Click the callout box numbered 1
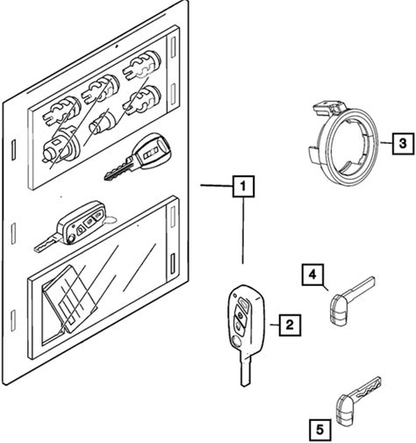coord(243,186)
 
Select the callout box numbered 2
coord(289,325)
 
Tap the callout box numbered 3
coord(403,143)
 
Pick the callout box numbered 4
coord(312,275)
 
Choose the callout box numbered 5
coord(320,430)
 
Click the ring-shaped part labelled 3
coord(342,145)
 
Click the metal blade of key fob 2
coord(246,370)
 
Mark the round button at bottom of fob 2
coord(234,340)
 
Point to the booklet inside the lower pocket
coord(71,298)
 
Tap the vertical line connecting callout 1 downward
coord(243,230)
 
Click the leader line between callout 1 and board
coord(217,185)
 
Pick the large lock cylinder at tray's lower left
coord(61,145)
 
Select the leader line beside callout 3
coord(386,143)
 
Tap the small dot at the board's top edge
coord(117,46)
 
